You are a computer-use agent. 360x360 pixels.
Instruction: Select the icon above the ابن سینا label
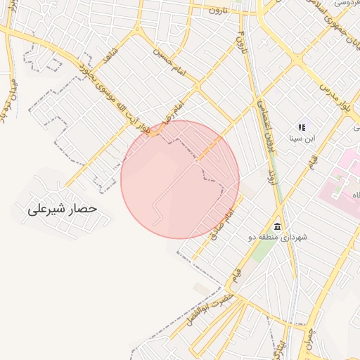click(x=302, y=127)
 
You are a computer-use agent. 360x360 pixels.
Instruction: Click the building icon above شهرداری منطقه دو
click(x=277, y=227)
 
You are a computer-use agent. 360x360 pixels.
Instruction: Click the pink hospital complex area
click(x=345, y=176)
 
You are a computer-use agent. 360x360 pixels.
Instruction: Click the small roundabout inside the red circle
click(x=197, y=161)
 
